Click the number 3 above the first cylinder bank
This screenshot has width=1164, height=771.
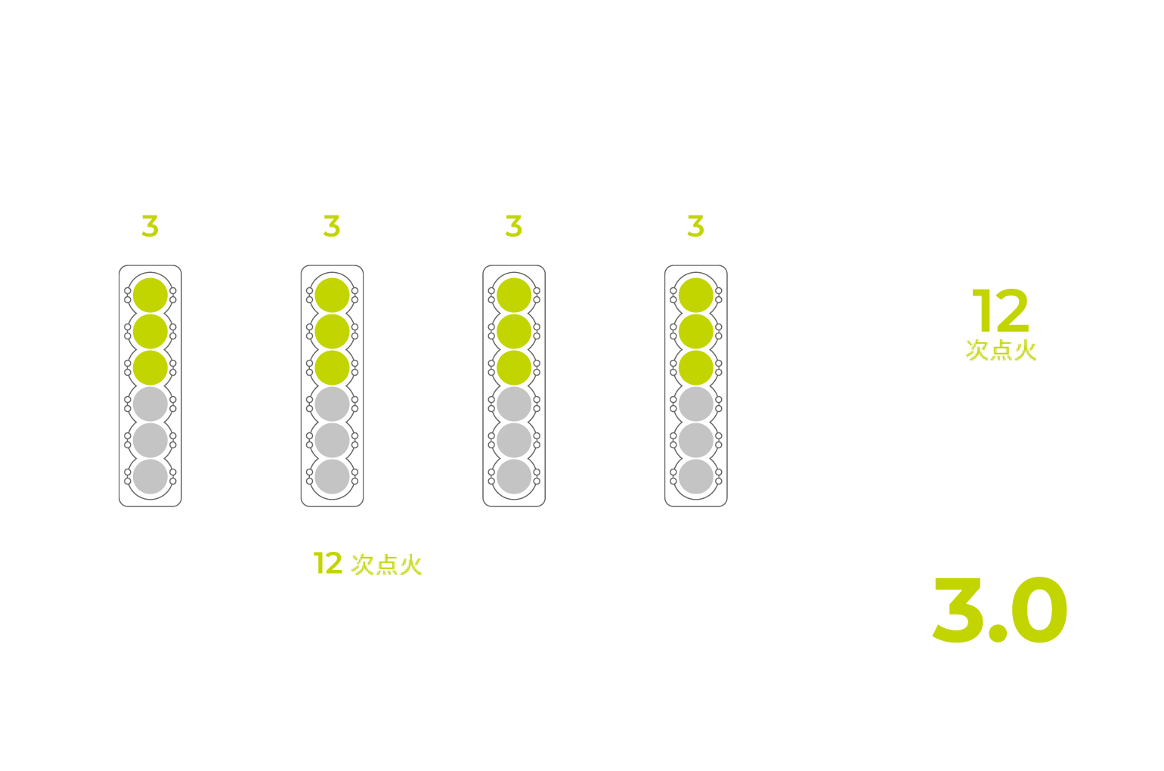coord(150,226)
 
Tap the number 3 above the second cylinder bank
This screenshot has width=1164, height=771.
coord(332,226)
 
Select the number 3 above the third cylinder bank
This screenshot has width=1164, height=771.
coord(514,226)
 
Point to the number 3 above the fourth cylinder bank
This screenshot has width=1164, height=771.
coord(696,226)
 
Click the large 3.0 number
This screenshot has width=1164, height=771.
coord(1000,609)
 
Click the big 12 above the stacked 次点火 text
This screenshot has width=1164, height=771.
coord(1001,311)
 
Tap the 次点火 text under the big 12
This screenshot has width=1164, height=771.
coord(1001,350)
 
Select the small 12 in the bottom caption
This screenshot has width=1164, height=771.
coord(328,563)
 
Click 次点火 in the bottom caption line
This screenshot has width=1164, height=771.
coord(387,565)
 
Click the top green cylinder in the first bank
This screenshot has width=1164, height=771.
coord(150,295)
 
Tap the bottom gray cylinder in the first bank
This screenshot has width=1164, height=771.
coord(150,476)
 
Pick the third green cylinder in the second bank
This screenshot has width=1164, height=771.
coord(332,368)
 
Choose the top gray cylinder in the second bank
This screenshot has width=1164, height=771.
coord(332,404)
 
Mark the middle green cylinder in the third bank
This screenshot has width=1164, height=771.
coord(514,332)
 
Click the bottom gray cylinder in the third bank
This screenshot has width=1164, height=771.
coord(514,476)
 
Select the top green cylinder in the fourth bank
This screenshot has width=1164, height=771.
coord(696,295)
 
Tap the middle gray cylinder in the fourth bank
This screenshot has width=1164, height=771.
coord(696,440)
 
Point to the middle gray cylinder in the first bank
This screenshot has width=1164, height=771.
coord(150,440)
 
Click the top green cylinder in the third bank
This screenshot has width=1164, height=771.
coord(514,295)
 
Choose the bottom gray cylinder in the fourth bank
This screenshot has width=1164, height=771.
coord(696,476)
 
